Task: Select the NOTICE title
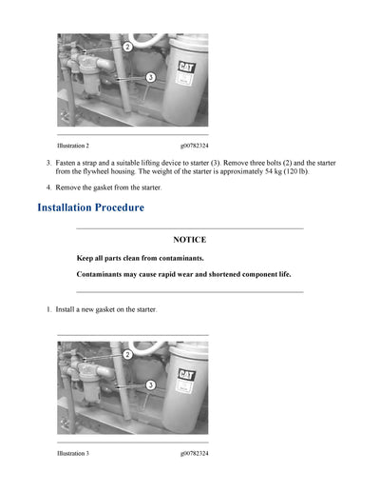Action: pyautogui.click(x=189, y=240)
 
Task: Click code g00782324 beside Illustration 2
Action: pyautogui.click(x=194, y=146)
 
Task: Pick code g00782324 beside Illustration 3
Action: pyautogui.click(x=194, y=453)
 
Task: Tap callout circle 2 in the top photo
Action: pyautogui.click(x=127, y=46)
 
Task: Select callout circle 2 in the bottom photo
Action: pyautogui.click(x=127, y=354)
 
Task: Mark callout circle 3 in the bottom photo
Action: pyautogui.click(x=150, y=384)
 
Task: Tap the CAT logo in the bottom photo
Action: pyautogui.click(x=187, y=375)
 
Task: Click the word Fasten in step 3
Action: pyautogui.click(x=66, y=164)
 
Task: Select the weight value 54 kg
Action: pyautogui.click(x=275, y=172)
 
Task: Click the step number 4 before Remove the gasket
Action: pyautogui.click(x=48, y=188)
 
